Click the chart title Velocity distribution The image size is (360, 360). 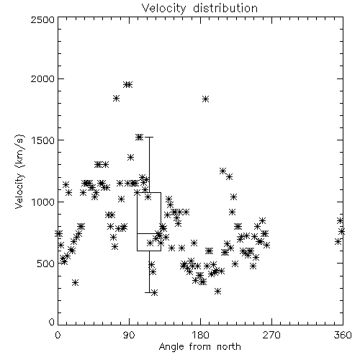(199, 8)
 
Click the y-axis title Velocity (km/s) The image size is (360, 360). (19, 171)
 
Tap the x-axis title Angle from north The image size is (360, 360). (199, 347)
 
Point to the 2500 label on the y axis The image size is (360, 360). (42, 19)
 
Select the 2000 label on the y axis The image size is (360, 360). (42, 79)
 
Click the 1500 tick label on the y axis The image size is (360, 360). (43, 140)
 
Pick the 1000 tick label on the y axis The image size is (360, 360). (43, 202)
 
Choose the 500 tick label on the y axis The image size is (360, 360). (46, 264)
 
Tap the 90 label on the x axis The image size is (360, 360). (129, 335)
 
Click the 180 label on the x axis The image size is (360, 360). (200, 335)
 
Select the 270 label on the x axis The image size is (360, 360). (271, 335)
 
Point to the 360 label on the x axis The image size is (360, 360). (343, 335)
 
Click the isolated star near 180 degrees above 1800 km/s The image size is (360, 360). (205, 99)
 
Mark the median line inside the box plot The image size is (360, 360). (149, 233)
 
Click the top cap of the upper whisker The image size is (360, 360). (149, 137)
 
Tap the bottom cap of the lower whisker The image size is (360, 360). (149, 292)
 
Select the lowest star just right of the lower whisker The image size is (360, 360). (155, 292)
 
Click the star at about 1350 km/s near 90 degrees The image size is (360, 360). (130, 158)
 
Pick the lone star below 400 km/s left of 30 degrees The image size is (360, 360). (76, 282)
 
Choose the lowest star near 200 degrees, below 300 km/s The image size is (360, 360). (217, 292)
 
